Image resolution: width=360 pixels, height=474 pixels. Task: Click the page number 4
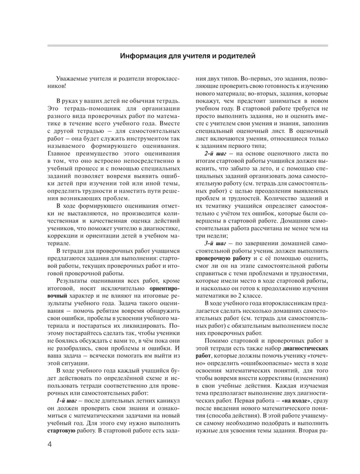click(x=50, y=445)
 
